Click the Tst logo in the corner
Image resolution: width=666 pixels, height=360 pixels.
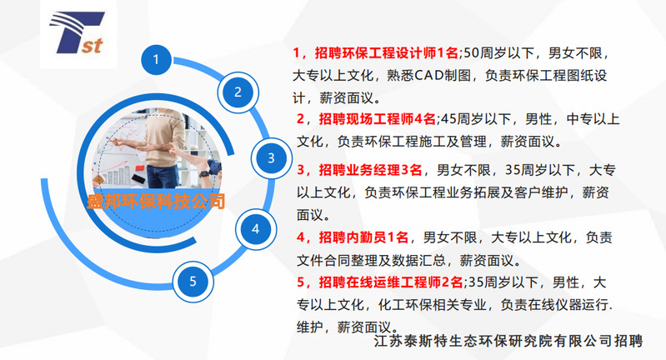pyautogui.click(x=78, y=33)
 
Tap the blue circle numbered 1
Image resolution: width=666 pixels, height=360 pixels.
pyautogui.click(x=157, y=60)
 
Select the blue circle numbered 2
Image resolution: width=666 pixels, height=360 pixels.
pyautogui.click(x=238, y=92)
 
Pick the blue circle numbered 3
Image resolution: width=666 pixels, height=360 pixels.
pyautogui.click(x=271, y=158)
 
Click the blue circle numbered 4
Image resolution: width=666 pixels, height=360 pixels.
pyautogui.click(x=256, y=229)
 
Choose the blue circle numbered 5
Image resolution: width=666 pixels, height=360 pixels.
pyautogui.click(x=193, y=282)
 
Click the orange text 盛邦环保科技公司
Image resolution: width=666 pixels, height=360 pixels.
pyautogui.click(x=156, y=201)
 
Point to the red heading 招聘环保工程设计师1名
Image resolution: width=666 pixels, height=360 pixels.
pyautogui.click(x=387, y=53)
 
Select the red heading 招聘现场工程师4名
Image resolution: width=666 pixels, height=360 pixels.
pyautogui.click(x=377, y=119)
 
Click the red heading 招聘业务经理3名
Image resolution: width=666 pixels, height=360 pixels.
pyautogui.click(x=370, y=170)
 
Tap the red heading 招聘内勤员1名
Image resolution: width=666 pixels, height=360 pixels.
pyautogui.click(x=363, y=237)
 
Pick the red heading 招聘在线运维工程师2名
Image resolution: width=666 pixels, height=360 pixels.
pyautogui.click(x=391, y=282)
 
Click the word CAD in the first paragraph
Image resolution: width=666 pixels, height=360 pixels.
pyautogui.click(x=428, y=76)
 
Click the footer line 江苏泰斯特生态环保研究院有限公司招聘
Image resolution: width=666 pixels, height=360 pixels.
pyautogui.click(x=508, y=341)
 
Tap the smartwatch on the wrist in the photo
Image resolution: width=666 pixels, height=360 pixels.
pyautogui.click(x=204, y=173)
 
